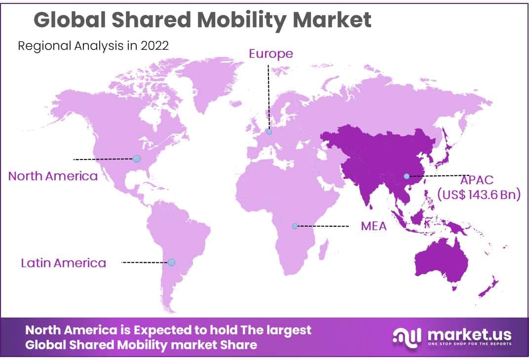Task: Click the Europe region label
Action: [270, 53]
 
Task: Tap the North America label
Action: [53, 176]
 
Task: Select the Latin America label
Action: [63, 263]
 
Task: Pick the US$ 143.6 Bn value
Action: [479, 195]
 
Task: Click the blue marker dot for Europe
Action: [269, 132]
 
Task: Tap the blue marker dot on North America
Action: [137, 159]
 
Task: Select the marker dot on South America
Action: [171, 262]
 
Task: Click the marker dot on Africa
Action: [295, 226]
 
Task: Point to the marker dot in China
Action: [406, 176]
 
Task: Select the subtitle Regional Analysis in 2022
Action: [93, 46]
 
